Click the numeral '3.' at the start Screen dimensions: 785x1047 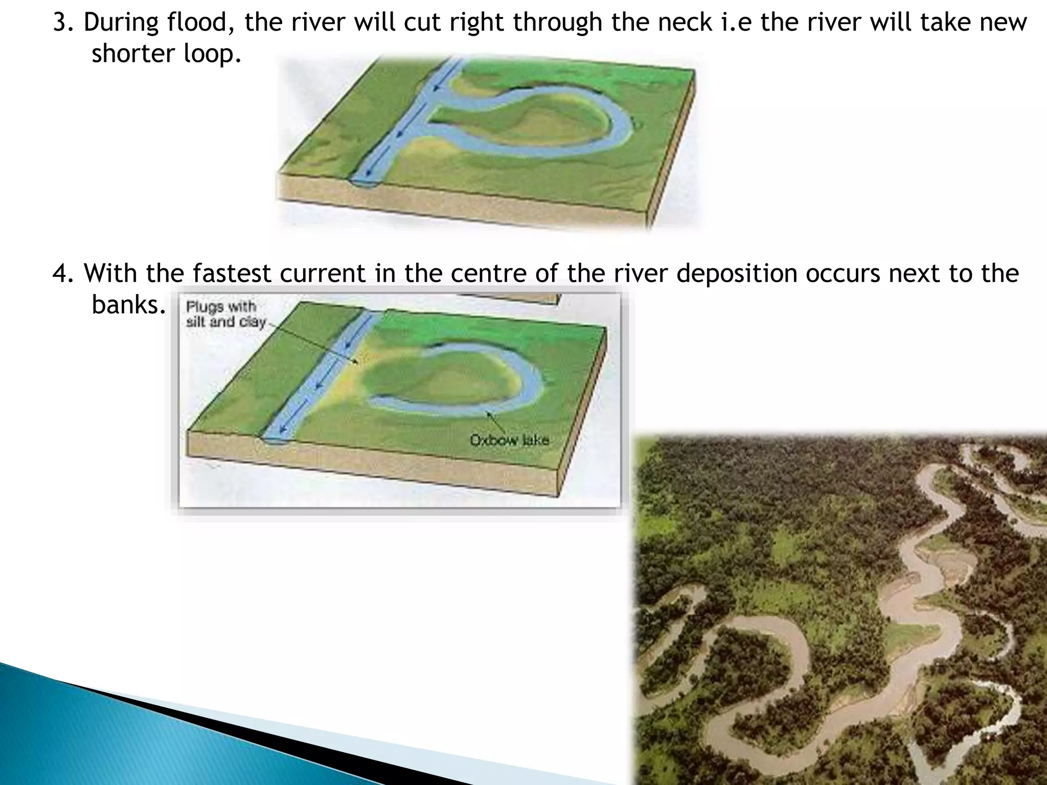(x=63, y=23)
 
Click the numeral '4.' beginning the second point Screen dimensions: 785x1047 (x=63, y=273)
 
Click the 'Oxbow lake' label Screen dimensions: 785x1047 (x=509, y=440)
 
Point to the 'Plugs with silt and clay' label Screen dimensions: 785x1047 (x=225, y=314)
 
